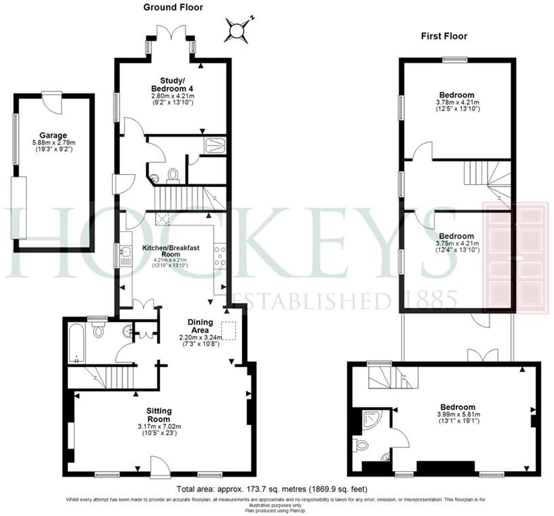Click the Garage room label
point(53,136)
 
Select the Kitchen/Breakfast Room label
point(171,250)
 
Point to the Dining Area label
point(200,326)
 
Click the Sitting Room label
point(159,415)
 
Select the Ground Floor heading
point(173,7)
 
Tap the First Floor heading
point(444,36)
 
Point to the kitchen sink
point(125,252)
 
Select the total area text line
point(272,489)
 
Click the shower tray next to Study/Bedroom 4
point(215,146)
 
